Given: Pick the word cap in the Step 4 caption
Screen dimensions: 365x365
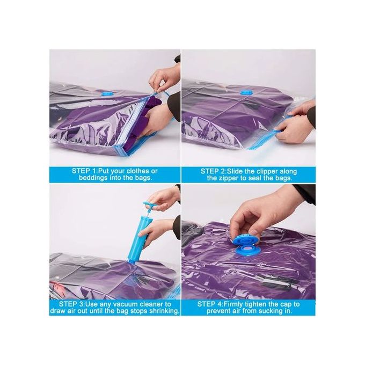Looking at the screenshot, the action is coord(287,304).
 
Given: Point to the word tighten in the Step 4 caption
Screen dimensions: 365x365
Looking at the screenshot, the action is coord(254,304).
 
